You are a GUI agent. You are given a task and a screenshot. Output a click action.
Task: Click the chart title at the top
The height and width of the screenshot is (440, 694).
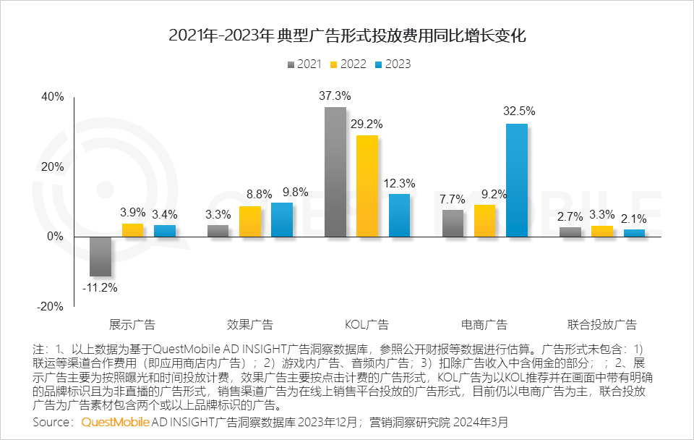point(347,35)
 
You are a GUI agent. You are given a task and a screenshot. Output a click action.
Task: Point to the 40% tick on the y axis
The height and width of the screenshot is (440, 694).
point(53,97)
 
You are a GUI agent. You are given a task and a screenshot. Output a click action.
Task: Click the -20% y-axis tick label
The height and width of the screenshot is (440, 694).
point(51,306)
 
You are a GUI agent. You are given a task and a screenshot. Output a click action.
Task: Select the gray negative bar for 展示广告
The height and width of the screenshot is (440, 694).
point(100,256)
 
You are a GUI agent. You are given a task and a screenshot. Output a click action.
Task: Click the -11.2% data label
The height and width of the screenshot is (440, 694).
point(100,287)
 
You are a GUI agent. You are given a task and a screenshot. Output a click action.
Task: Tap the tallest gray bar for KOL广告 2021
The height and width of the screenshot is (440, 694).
point(335,172)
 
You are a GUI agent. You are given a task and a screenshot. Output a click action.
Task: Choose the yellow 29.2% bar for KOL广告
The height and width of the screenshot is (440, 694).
point(367,186)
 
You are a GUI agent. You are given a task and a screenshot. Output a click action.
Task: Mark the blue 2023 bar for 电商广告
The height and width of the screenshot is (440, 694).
point(517,180)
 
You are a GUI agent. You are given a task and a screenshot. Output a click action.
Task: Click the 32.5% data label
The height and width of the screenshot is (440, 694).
point(519,111)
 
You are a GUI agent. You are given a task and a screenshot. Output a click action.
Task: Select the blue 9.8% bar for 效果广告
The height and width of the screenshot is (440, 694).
point(282,219)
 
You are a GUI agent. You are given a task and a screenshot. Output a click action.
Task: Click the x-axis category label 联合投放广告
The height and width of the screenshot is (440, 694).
point(602,324)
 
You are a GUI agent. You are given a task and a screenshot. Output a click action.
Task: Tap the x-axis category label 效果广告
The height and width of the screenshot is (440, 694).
point(250,324)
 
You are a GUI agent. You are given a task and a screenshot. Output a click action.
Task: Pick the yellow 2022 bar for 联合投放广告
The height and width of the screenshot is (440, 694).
point(602,231)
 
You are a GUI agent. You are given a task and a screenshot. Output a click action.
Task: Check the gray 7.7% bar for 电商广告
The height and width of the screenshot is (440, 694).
point(453,223)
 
